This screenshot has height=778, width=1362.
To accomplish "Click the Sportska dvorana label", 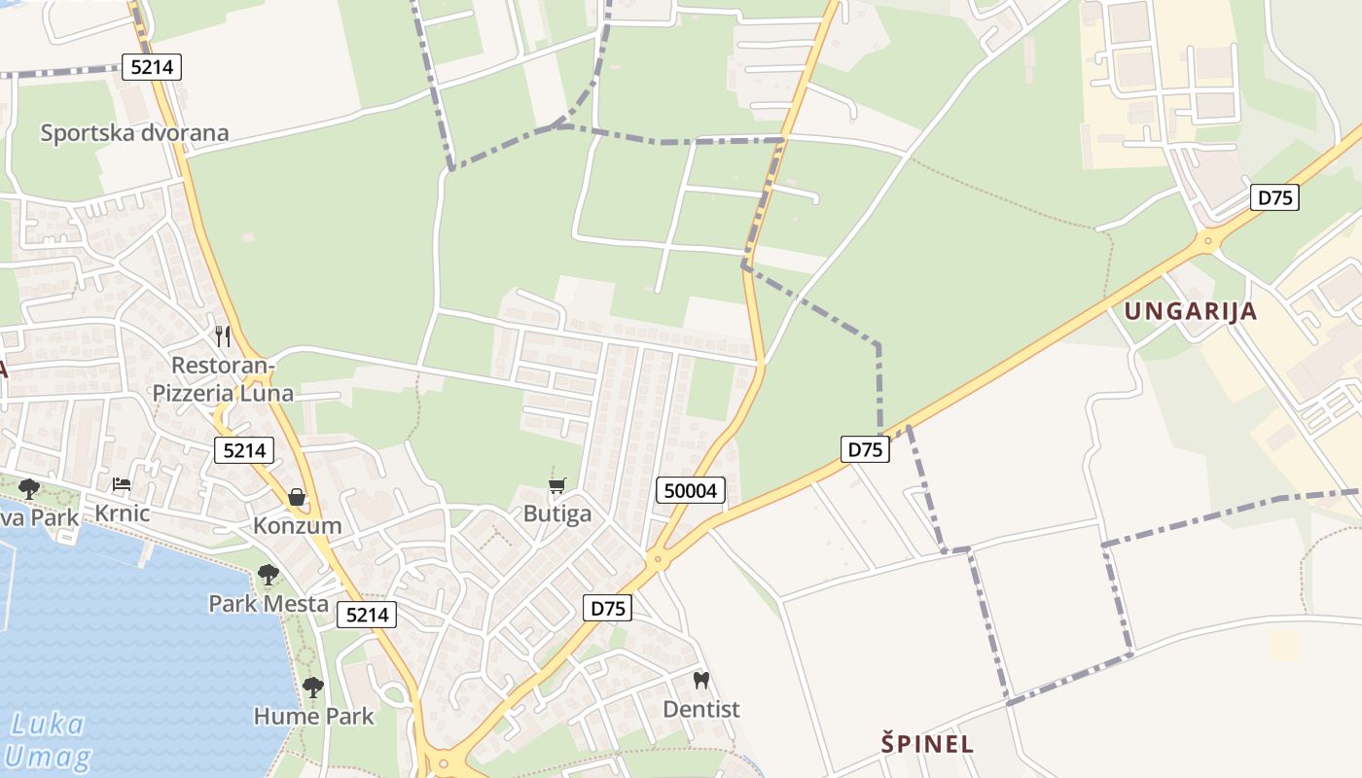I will point(134,133).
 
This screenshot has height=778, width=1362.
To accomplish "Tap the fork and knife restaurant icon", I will point(223,336).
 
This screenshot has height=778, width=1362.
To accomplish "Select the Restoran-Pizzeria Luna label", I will point(223,379).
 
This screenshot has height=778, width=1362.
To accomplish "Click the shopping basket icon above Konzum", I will point(297,497).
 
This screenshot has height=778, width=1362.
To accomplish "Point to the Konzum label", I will point(297,526).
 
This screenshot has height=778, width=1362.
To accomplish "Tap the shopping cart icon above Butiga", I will point(557,484).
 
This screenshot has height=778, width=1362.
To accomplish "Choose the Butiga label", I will point(557,513).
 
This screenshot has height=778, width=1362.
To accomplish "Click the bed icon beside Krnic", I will point(122,483).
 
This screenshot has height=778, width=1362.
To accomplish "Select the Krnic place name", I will point(122,513).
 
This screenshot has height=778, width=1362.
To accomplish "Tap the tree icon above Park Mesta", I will point(269,575).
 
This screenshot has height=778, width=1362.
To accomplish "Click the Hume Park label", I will point(313,717).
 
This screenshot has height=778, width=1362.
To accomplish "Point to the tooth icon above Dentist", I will point(701,680).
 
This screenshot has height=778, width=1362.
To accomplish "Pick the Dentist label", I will point(701,710).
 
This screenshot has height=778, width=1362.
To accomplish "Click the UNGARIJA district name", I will point(1191,311).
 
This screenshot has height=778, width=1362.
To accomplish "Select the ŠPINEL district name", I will point(927,744).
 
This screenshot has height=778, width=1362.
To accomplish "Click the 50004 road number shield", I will point(691,490).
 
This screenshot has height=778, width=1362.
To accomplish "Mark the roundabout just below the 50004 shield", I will point(658,559).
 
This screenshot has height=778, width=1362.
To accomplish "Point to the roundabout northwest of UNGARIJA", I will point(1208,239).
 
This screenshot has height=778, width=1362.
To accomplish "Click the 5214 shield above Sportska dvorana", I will point(152,67).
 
